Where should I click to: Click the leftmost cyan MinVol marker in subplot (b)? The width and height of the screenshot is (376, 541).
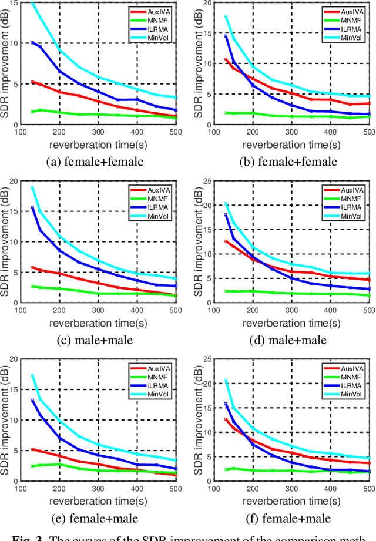(x=226, y=16)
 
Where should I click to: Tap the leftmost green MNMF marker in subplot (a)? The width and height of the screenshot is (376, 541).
(x=32, y=112)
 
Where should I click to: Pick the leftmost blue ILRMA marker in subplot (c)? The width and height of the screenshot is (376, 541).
(x=32, y=208)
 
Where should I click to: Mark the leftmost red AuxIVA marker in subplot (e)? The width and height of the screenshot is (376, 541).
(x=32, y=449)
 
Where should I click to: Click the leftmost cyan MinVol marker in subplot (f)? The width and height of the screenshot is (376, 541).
(x=226, y=381)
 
